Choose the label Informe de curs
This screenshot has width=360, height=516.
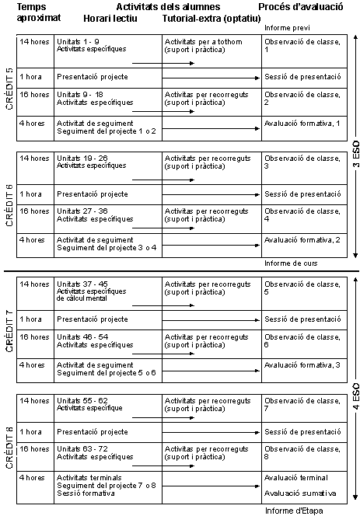point(288,263)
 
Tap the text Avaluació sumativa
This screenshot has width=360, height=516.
point(299,493)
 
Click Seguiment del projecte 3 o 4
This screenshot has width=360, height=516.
point(107,247)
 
